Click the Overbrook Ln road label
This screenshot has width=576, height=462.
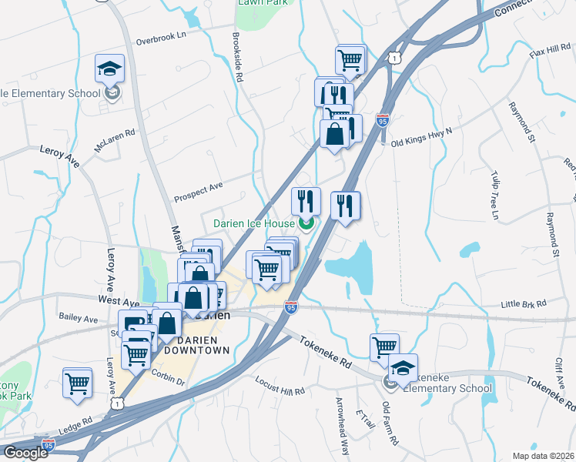pyautogui.click(x=161, y=36)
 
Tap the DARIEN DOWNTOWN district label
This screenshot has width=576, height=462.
pyautogui.click(x=192, y=344)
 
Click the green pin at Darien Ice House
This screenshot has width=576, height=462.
pyautogui.click(x=306, y=224)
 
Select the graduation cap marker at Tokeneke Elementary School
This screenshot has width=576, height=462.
pyautogui.click(x=403, y=367)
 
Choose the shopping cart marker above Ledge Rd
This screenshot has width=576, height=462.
pyautogui.click(x=77, y=381)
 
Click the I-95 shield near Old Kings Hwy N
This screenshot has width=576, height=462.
pyautogui.click(x=383, y=121)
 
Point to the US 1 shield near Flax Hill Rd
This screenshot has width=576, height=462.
pyautogui.click(x=395, y=58)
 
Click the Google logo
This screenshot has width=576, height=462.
pyautogui.click(x=26, y=452)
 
